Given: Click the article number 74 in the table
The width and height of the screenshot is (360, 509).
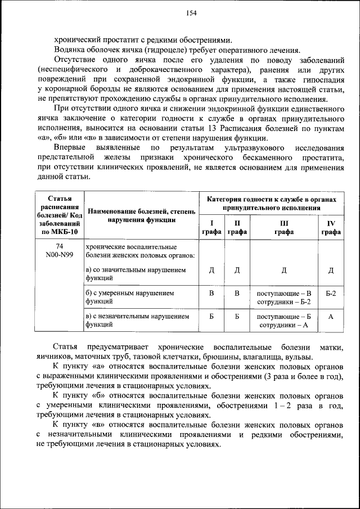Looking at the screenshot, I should [60, 247].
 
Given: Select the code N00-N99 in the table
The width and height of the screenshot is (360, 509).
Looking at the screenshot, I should [60, 255].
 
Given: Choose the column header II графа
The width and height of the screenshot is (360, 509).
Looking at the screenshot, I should [237, 227].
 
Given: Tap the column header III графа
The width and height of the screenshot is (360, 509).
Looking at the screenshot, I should [283, 227].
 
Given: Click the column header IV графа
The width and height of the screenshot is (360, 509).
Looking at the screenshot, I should [331, 227].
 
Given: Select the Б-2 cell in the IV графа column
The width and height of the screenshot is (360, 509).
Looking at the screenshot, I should [331, 294].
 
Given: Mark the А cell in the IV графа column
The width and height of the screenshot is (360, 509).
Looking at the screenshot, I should [331, 317].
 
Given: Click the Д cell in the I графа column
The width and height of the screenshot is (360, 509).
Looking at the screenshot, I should [211, 271].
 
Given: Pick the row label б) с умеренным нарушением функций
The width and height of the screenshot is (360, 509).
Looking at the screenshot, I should [129, 297].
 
